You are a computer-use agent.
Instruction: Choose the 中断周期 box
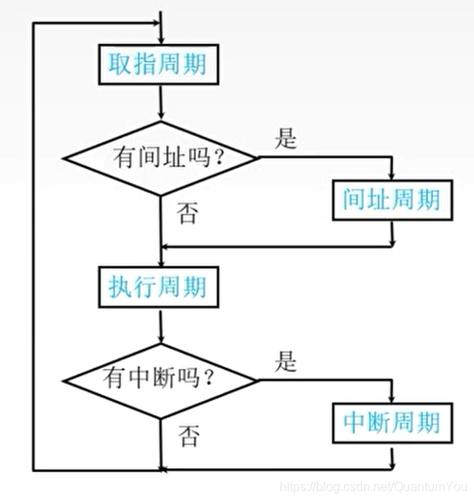391,423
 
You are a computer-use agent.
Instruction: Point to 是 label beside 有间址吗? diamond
286,140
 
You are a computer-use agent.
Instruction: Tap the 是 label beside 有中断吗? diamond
286,363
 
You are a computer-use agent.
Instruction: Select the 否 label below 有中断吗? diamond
187,433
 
